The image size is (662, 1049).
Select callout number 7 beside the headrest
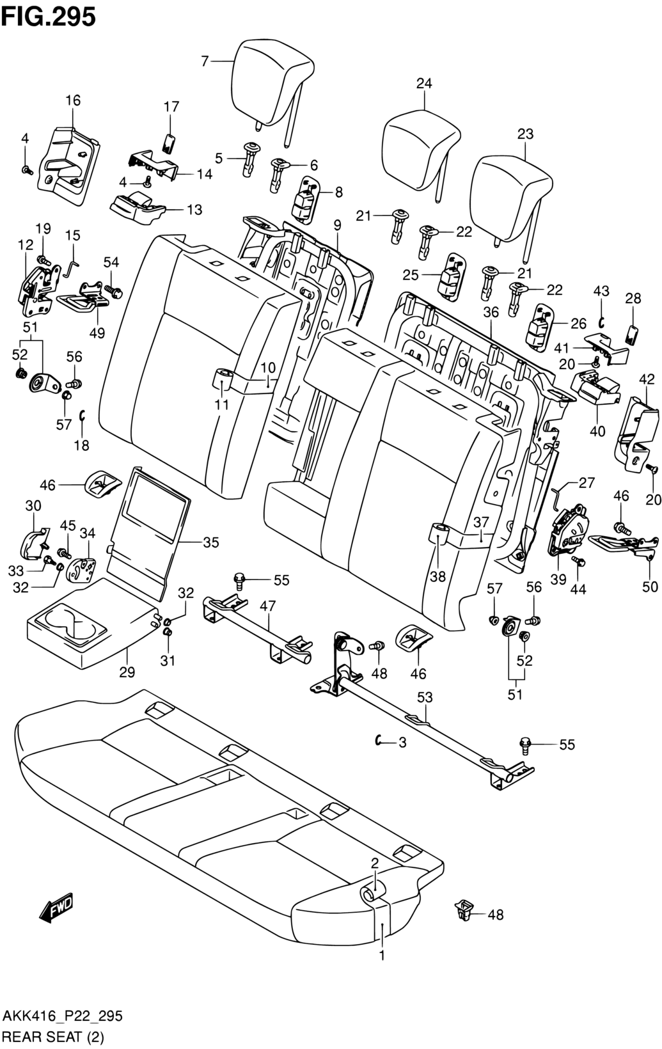(x=205, y=61)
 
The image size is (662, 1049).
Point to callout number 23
(x=525, y=134)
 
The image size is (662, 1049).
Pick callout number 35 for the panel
(x=210, y=542)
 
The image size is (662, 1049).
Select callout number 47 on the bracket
(x=267, y=606)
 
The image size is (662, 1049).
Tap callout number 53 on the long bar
(x=425, y=697)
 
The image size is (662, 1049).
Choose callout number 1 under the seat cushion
(x=382, y=956)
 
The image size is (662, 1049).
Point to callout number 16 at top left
(x=73, y=100)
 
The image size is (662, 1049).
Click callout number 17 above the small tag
(x=171, y=107)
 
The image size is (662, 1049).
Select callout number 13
(x=194, y=209)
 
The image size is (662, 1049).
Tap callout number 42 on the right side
(x=647, y=379)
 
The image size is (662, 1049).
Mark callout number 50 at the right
(x=650, y=587)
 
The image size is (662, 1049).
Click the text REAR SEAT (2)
(x=54, y=1036)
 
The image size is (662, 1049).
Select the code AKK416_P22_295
(x=63, y=1016)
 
